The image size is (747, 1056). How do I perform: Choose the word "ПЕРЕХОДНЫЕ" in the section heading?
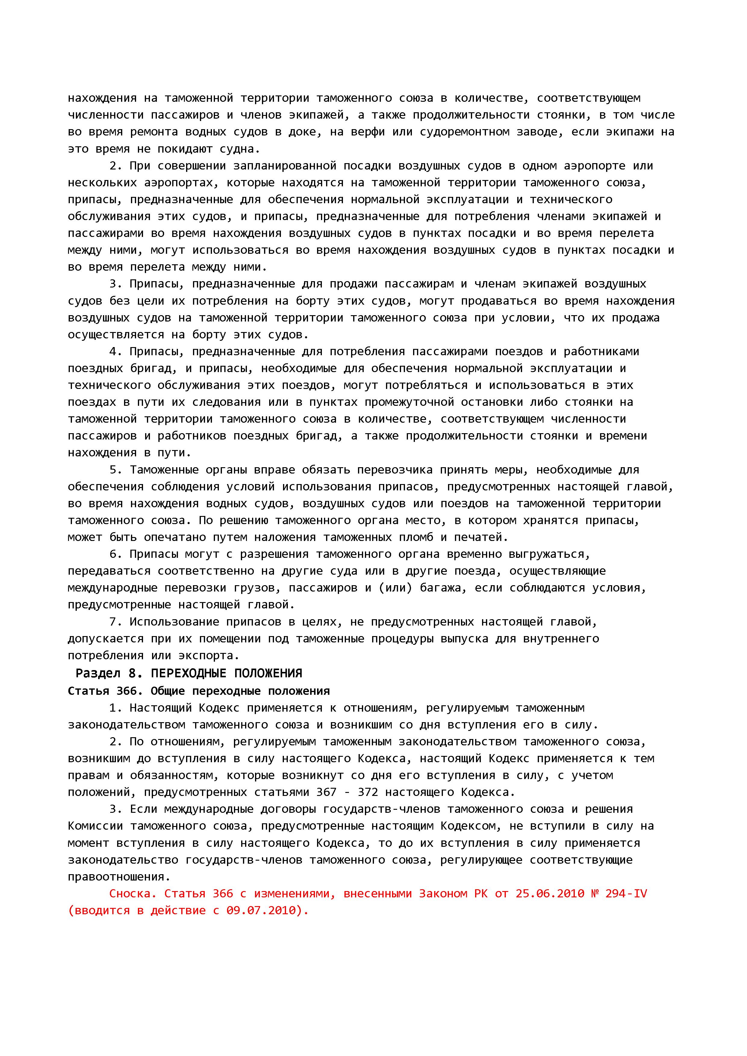[x=188, y=674]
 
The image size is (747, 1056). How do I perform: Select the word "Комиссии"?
[x=95, y=826]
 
